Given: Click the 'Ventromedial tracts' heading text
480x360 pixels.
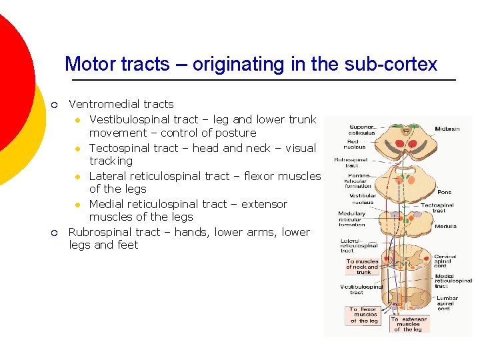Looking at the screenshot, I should tap(121, 104).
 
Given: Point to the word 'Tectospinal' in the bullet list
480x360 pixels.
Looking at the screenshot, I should tap(119, 148).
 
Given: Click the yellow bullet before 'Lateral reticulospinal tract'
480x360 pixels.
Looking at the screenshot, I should tap(77, 177).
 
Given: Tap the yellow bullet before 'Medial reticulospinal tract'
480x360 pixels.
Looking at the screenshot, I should tap(77, 205).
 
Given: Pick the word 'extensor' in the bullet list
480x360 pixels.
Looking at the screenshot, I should tap(265, 204).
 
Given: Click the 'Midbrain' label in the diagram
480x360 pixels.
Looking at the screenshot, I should tap(447, 129).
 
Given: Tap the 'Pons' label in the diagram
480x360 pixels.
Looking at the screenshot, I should tap(445, 191).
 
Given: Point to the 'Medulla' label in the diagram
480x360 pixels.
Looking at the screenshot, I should tap(446, 227).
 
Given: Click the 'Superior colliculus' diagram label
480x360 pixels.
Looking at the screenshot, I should tap(362, 129).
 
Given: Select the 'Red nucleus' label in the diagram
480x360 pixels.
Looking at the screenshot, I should tap(355, 144).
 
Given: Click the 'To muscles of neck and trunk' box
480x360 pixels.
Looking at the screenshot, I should tap(363, 267).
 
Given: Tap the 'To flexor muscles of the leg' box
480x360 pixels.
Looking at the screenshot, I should tap(363, 315).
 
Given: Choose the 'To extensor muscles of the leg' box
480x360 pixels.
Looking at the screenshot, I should tap(408, 324).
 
